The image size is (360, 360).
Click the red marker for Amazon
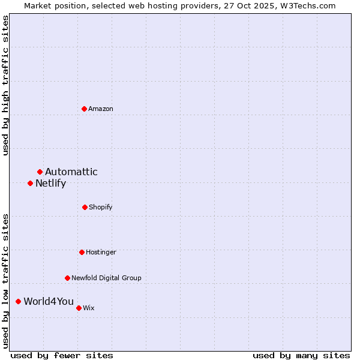click(x=85, y=109)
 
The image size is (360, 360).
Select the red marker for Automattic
click(x=40, y=172)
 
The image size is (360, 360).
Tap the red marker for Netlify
click(x=30, y=183)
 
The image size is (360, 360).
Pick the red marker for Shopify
click(x=85, y=207)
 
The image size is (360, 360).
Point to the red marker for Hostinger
click(x=82, y=252)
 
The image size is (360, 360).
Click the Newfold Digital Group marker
click(x=67, y=278)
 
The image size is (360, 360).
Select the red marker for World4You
click(x=18, y=301)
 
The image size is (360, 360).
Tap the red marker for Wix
click(x=79, y=308)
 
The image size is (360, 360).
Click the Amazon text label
click(x=101, y=109)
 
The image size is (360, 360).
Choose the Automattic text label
click(x=71, y=172)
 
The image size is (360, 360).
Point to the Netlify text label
click(x=51, y=183)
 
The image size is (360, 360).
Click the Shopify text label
click(x=101, y=207)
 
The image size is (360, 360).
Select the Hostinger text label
click(x=101, y=252)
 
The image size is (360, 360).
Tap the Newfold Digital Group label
click(x=107, y=278)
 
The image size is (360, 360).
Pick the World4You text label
click(x=49, y=301)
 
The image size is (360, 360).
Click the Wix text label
click(x=89, y=308)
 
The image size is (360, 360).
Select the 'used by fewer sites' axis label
click(x=62, y=355)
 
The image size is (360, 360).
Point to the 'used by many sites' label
click(x=301, y=355)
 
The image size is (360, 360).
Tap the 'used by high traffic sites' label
click(x=5, y=85)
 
